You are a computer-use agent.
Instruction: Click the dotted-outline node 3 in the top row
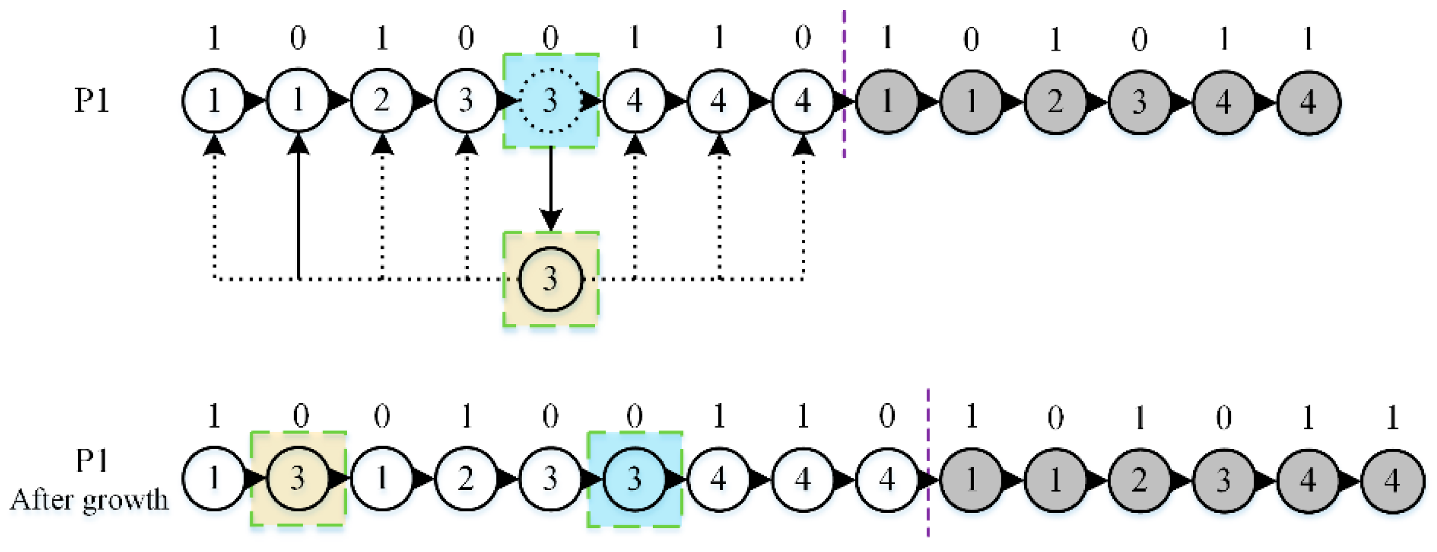click(551, 101)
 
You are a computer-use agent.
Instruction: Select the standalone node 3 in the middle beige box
click(551, 279)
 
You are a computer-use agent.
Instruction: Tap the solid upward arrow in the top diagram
click(299, 206)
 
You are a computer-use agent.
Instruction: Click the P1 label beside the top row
click(92, 101)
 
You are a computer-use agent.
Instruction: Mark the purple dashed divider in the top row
click(844, 84)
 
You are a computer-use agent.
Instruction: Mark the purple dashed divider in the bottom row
click(928, 462)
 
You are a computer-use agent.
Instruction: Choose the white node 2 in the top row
click(382, 101)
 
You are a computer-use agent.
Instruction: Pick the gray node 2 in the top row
click(1055, 102)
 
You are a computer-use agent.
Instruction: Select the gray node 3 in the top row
click(1139, 102)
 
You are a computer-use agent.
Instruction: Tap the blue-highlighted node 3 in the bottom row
click(634, 479)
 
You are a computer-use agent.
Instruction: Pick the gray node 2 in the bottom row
click(1139, 480)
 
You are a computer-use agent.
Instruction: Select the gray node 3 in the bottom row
click(1224, 480)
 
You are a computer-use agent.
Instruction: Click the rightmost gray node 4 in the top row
click(1308, 102)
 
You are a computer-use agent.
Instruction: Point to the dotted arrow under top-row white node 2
click(382, 206)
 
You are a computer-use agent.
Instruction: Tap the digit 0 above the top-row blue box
click(551, 38)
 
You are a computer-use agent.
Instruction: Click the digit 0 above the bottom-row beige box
click(301, 415)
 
